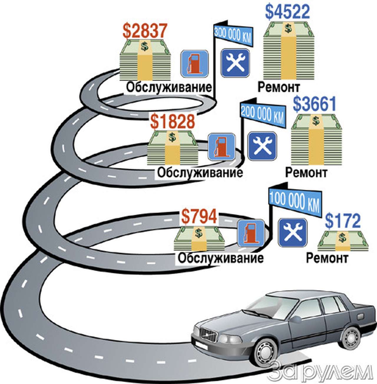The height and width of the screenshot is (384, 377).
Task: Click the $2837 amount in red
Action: [145, 32]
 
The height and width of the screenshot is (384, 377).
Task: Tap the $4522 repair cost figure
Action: [287, 12]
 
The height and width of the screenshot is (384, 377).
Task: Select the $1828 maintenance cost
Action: [173, 121]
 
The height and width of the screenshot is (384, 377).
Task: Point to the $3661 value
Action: [315, 104]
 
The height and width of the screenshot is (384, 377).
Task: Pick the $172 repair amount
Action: [343, 221]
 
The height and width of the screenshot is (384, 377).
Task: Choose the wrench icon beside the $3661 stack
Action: [262, 146]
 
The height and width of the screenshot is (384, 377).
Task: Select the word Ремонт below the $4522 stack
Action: [279, 87]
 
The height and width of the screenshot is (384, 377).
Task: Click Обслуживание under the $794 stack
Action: [221, 258]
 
